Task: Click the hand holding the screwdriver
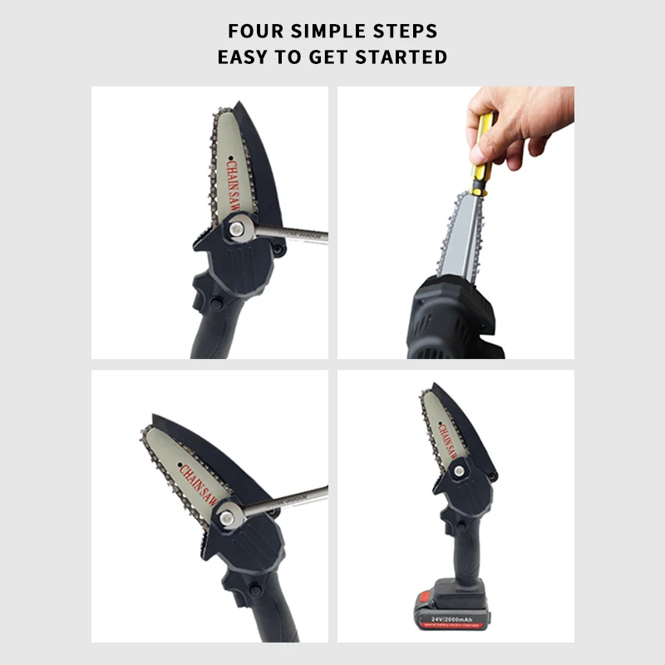click(520, 125)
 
